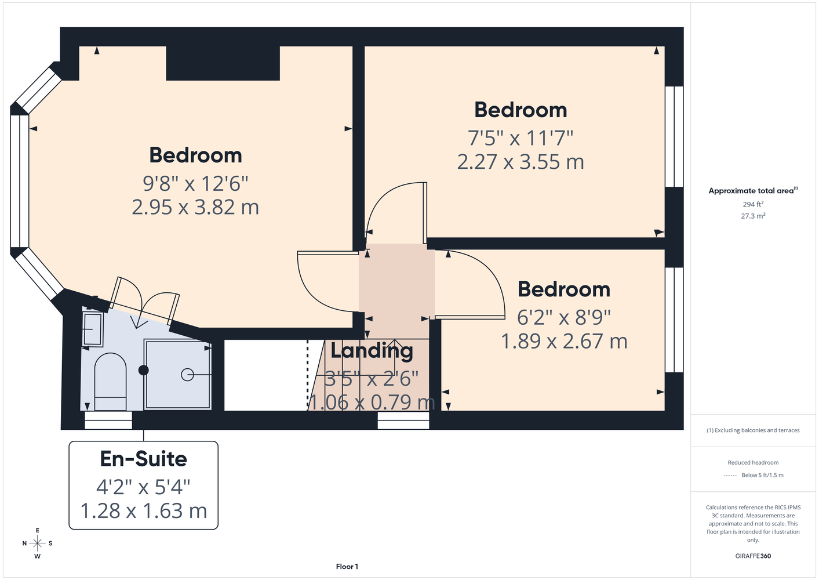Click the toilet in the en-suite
coord(111,382)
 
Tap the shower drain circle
coord(187,375)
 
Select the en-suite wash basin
coord(93,329)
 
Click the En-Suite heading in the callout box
coord(144,459)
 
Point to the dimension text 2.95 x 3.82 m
coord(195,207)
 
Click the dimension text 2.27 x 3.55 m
coord(520,162)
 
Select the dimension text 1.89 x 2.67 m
coord(564,341)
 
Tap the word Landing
coord(372,351)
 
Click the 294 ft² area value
coord(753,204)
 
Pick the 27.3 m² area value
coord(753,216)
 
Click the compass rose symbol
coord(37,543)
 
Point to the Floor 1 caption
coord(347,567)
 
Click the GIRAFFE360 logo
coord(753,556)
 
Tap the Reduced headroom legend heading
coord(753,462)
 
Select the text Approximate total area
coord(751,191)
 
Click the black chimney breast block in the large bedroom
coord(223,63)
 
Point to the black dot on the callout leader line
coord(144,370)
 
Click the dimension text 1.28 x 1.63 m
coord(144,511)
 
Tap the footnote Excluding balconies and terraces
coord(753,430)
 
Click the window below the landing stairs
coord(403,420)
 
